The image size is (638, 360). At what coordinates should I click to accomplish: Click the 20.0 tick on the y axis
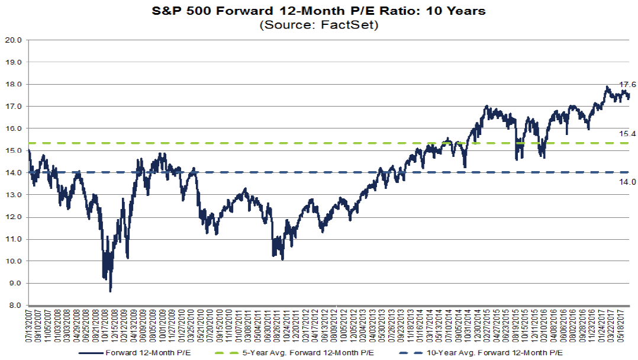click(13, 40)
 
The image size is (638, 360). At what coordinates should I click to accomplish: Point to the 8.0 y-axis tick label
click(15, 306)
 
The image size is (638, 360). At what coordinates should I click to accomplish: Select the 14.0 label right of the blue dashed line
click(627, 182)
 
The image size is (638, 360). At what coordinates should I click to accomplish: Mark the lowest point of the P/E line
click(110, 291)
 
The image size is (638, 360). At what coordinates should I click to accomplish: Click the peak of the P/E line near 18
click(607, 87)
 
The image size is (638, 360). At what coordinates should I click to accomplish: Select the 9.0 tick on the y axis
click(15, 284)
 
